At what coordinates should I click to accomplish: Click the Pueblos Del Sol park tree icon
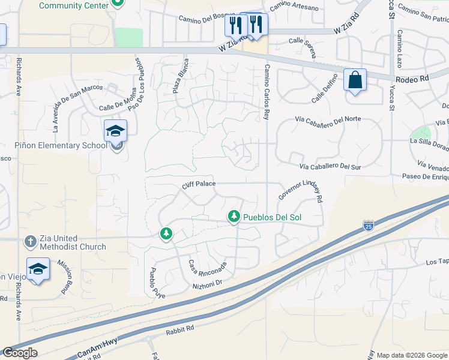234,217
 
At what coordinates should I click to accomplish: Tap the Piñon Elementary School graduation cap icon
115,131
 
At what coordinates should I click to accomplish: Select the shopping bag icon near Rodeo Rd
355,80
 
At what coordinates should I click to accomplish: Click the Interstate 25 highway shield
368,226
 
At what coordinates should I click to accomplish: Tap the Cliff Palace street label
199,185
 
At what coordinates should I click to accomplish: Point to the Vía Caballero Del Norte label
328,119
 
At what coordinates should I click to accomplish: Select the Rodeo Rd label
411,79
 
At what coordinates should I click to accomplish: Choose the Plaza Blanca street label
181,76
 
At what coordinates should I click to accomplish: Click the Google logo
20,353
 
